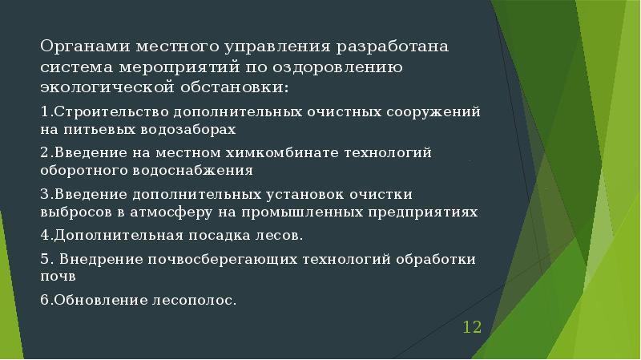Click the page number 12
point(471,327)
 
